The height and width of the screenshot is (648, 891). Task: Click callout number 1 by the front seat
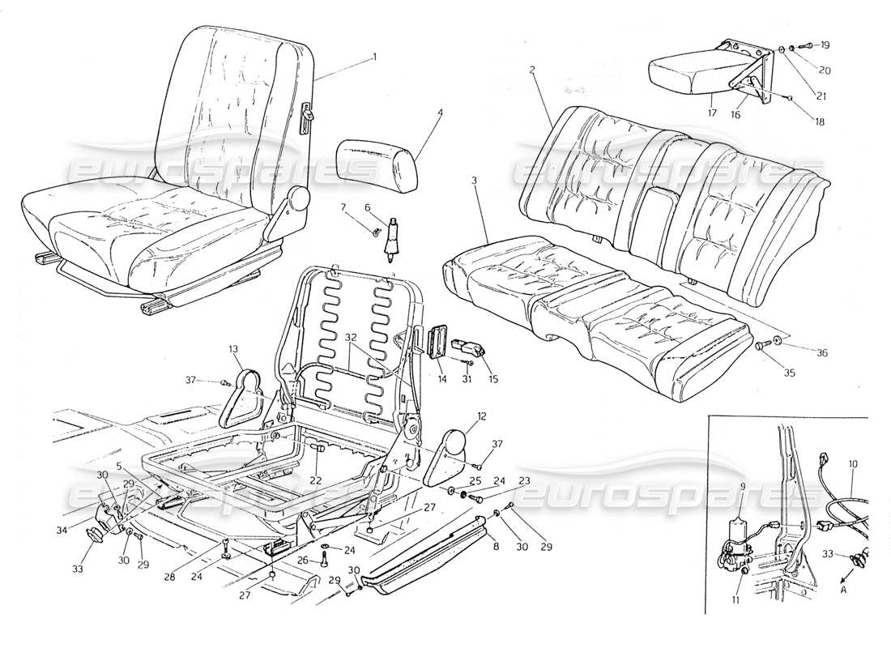pos(374,57)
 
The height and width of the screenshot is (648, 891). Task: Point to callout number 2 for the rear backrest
pos(532,70)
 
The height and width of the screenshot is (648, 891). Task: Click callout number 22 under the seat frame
pos(315,480)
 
